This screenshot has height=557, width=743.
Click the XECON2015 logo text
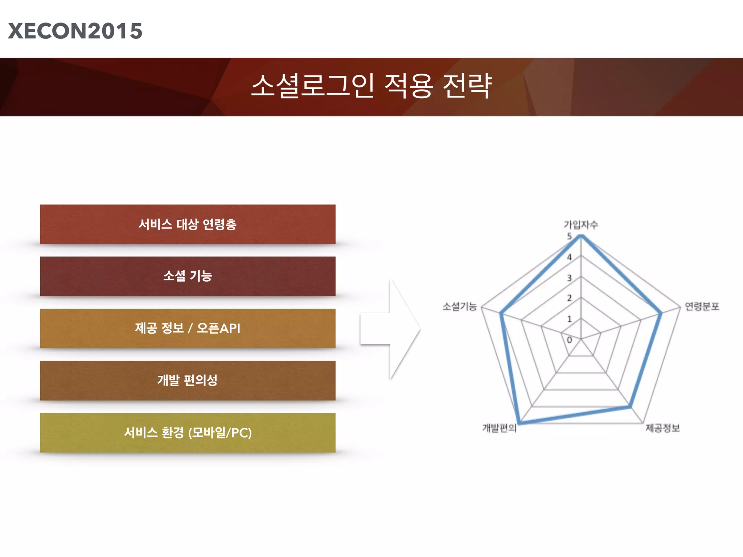[75, 31]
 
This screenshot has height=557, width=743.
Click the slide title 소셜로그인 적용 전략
[371, 86]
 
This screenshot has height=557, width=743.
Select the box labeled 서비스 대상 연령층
[188, 224]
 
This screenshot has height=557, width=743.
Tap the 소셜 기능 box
[188, 276]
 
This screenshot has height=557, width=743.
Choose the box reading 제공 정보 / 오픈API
[188, 329]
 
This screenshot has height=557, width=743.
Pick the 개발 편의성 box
[188, 380]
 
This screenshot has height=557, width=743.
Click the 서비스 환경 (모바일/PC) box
[188, 433]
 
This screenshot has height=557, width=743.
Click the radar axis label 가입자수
[580, 225]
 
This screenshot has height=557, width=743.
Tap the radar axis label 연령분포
[702, 307]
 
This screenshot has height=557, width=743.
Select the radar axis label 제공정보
[662, 428]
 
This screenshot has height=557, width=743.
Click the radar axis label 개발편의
[499, 428]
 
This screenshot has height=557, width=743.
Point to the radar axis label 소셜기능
[459, 307]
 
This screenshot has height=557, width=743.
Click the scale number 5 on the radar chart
[569, 236]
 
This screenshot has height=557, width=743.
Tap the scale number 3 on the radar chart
[569, 278]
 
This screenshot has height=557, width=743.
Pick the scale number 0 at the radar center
[569, 340]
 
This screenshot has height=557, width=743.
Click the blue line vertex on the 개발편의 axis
[520, 422]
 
